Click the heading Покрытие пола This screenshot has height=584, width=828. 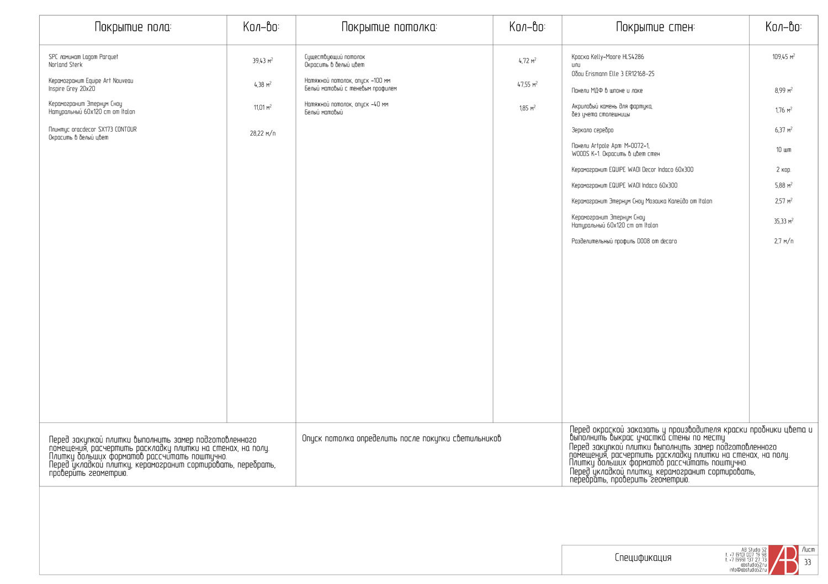point(133,27)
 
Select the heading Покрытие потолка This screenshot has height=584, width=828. point(389,27)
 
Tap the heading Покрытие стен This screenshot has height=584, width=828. point(655,27)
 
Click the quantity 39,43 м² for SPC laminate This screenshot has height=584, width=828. point(262,61)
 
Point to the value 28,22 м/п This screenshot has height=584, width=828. point(262,133)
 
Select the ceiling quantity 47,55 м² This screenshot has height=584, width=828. point(527,84)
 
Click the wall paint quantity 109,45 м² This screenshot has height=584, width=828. point(783,57)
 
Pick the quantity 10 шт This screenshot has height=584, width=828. point(783,150)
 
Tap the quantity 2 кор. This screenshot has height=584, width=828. point(783,170)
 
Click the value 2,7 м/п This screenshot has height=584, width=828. point(783,241)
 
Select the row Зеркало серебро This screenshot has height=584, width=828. point(592,130)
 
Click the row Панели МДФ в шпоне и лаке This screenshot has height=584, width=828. point(607,90)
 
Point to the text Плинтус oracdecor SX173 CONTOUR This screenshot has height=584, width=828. point(92,130)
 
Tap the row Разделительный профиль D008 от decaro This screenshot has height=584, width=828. point(624,241)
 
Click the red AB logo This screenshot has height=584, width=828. point(783,560)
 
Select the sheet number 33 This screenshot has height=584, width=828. point(808,562)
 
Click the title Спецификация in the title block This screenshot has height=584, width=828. point(643,558)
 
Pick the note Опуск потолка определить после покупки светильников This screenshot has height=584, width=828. point(401,438)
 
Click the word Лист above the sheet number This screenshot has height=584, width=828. point(808,550)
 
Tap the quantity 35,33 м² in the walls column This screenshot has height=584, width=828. point(783,221)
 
